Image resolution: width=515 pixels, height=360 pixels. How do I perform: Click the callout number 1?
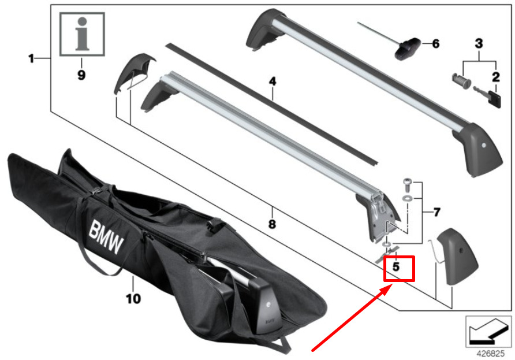coord(31,59)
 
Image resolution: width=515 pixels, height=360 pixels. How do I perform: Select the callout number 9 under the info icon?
coord(81,75)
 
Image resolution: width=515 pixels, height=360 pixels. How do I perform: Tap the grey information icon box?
coord(82,34)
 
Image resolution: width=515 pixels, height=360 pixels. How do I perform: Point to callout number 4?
coord(273,81)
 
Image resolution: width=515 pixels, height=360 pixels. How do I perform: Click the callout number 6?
coord(436,43)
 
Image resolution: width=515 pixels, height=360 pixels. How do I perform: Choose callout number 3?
coord(479,43)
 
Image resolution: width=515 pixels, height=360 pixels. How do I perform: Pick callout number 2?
coord(495,77)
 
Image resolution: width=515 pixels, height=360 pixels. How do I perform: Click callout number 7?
coord(437,213)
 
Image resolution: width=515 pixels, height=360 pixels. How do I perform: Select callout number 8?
coord(272,225)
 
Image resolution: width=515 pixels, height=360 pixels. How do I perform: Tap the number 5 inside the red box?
coord(396,266)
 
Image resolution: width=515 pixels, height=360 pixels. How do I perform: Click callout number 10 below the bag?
coord(133,299)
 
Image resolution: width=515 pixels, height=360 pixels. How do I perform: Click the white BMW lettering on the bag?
coord(106,237)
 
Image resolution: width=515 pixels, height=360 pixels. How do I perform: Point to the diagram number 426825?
coord(490,354)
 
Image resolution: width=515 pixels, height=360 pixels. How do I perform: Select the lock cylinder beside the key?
coord(461,80)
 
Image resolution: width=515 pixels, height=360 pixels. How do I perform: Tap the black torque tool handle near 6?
coord(408,49)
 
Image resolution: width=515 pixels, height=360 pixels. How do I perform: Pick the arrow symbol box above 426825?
coord(488,332)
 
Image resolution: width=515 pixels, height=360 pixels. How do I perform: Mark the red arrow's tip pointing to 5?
coord(392,285)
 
